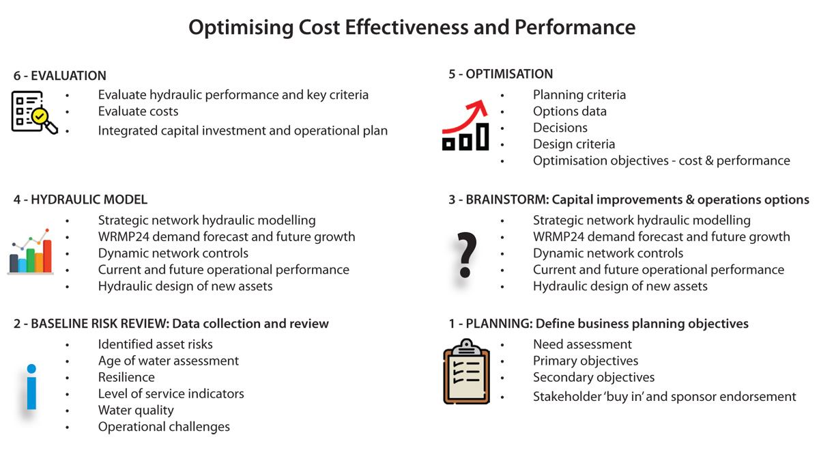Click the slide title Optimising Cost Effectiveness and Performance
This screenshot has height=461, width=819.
412,27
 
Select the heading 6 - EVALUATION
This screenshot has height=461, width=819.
60,76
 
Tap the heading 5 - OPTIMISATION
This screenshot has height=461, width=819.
500,74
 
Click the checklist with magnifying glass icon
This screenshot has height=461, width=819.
33,111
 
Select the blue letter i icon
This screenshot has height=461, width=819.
31,387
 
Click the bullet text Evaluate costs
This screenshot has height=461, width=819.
138,111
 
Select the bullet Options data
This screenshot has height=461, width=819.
569,111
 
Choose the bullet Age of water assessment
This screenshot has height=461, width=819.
168,361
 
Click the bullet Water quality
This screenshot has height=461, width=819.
136,410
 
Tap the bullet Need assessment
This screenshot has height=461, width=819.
582,344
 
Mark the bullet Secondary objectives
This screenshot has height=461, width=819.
593,377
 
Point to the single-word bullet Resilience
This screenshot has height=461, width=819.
126,377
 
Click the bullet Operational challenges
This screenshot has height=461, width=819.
164,426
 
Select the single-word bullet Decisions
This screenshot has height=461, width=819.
560,128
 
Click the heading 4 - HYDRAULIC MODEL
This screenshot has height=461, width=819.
81,199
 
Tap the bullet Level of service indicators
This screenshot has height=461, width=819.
171,393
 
